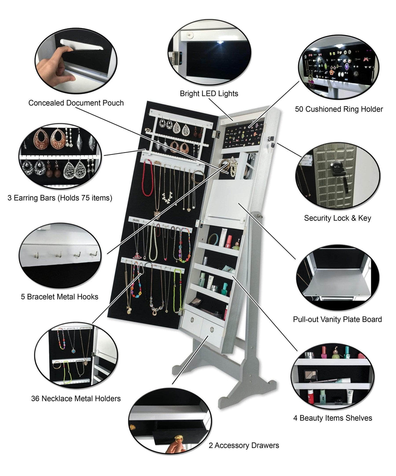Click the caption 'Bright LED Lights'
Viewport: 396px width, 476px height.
coord(209,94)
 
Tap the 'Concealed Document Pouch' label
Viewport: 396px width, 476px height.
coord(76,103)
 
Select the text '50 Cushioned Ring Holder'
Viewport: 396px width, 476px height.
coord(339,109)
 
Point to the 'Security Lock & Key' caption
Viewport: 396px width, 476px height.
coord(338,218)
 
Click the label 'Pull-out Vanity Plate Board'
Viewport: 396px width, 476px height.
coord(337,319)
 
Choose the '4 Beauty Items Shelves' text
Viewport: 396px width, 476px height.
coord(333,418)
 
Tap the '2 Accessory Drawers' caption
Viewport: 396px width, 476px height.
coord(244,445)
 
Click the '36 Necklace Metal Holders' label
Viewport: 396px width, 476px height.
coord(76,398)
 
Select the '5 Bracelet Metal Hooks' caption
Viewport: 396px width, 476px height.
coord(60,297)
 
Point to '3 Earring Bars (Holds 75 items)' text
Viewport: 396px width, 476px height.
coord(60,198)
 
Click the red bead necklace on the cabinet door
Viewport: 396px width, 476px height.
coord(148,178)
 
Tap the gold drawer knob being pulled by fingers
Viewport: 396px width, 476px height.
coord(179,438)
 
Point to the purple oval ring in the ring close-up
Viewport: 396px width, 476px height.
coord(347,66)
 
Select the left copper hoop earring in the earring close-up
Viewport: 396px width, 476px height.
coord(41,139)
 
